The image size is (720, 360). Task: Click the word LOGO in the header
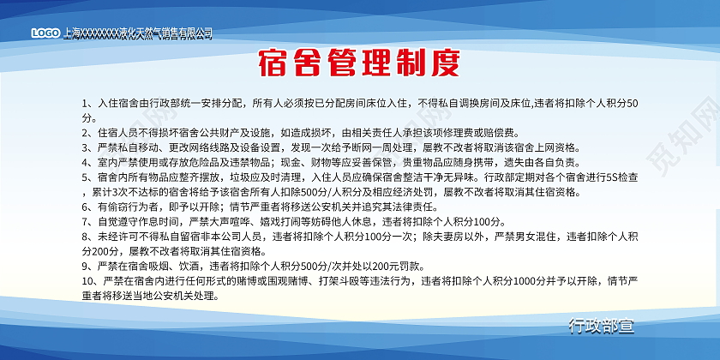click(x=46, y=33)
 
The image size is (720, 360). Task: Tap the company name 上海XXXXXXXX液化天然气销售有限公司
click(x=137, y=33)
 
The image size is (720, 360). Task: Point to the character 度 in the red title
click(x=445, y=63)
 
